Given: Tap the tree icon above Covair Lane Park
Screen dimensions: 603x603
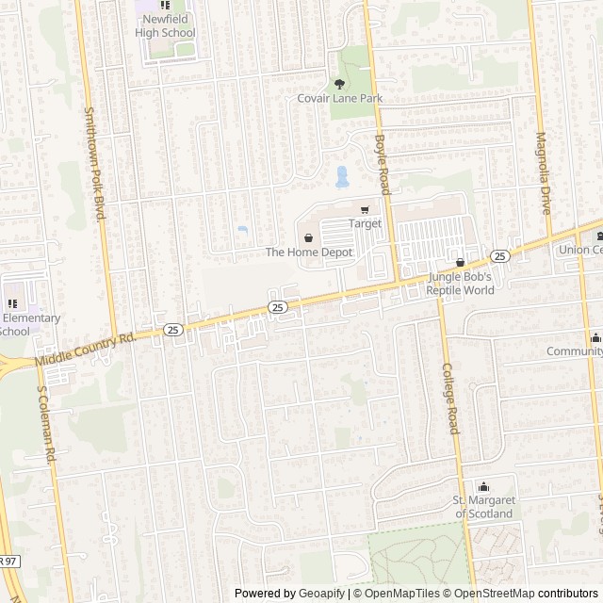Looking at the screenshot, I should [340, 83].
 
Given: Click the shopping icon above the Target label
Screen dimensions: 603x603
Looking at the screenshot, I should [365, 209].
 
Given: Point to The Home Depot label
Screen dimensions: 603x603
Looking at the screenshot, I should [308, 253].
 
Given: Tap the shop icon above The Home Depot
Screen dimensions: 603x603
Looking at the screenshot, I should [308, 237].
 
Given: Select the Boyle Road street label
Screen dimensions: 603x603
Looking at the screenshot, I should [382, 164].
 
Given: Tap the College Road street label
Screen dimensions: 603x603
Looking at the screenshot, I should [449, 400].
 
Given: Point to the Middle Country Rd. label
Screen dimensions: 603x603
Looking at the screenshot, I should [85, 350].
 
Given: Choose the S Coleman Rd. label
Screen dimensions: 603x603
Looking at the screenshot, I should [42, 425].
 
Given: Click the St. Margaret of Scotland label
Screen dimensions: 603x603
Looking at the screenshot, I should [484, 507].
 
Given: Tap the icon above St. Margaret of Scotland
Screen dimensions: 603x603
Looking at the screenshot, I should [484, 486].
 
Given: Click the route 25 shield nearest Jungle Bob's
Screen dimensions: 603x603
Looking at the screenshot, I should [499, 256].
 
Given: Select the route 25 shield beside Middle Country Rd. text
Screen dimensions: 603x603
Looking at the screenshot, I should [172, 330].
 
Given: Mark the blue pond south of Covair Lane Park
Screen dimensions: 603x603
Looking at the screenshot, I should [341, 176].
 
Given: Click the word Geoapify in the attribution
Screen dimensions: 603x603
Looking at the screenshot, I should [320, 594].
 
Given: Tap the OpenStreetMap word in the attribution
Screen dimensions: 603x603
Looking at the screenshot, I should [491, 594].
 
